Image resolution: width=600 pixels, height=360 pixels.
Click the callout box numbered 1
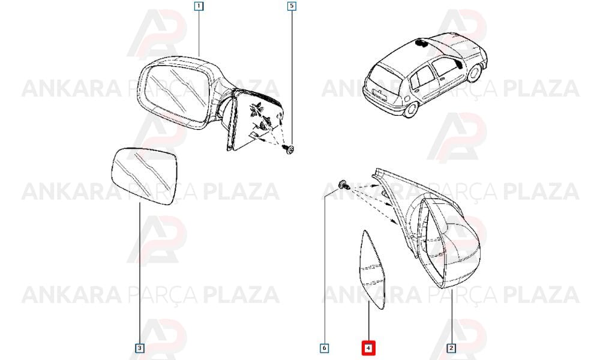point(199,6)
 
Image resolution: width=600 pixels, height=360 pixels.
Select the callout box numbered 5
point(292,6)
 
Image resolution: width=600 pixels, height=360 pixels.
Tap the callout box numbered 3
point(140,348)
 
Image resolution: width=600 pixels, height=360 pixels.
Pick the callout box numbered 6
point(325,348)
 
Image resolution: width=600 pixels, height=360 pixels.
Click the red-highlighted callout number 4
point(368,348)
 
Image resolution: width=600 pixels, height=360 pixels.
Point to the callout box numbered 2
point(452,348)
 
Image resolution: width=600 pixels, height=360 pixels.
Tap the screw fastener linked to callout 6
point(344,185)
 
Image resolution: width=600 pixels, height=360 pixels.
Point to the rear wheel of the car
point(410,108)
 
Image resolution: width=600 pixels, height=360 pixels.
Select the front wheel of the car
point(475,73)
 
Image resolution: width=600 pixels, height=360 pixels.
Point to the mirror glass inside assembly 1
point(176,94)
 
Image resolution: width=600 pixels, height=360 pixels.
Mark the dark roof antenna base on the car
point(421,42)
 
